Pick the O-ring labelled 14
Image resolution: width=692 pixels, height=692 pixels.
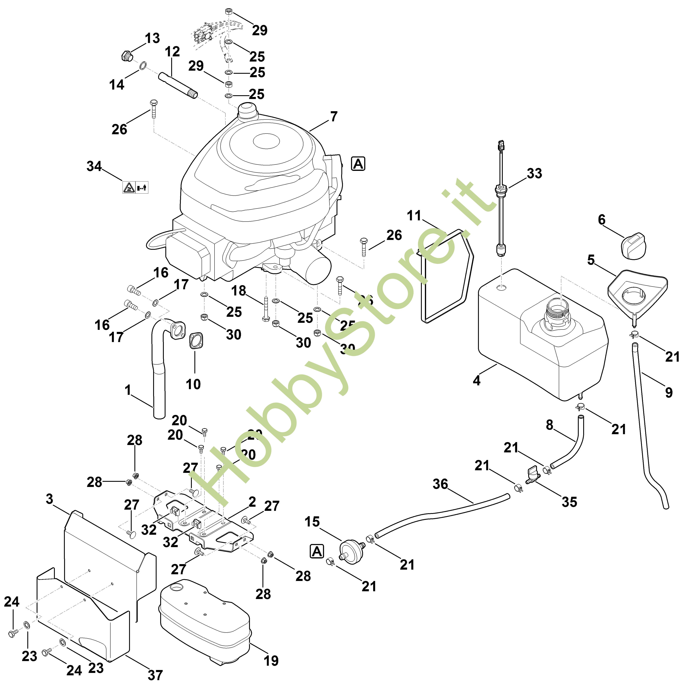142,66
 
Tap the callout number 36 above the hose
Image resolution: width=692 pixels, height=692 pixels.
440,484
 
